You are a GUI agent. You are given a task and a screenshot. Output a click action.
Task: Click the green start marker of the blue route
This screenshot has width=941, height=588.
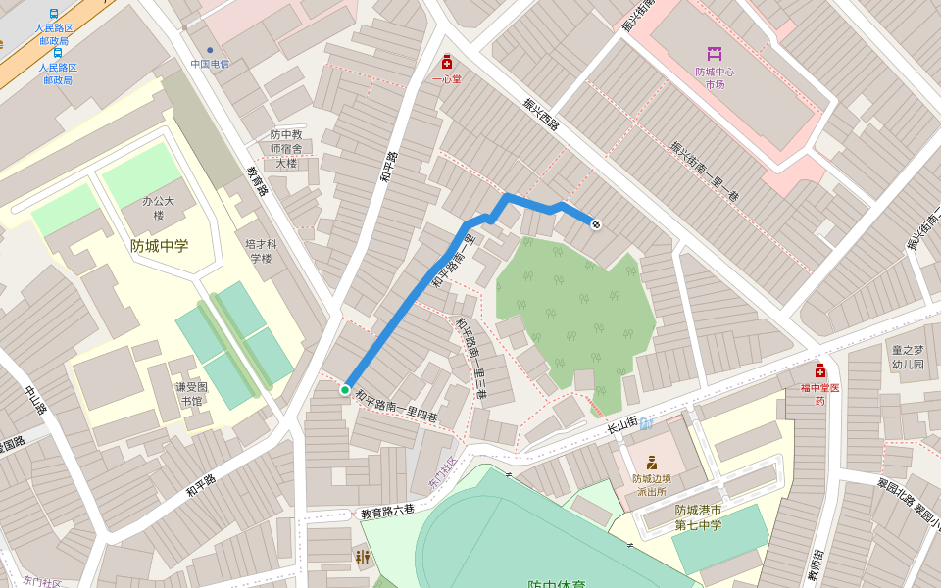[345, 390]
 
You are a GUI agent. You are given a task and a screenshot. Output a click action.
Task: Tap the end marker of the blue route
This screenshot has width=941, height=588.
[595, 224]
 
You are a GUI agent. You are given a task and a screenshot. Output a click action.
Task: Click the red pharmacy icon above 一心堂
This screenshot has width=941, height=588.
[447, 62]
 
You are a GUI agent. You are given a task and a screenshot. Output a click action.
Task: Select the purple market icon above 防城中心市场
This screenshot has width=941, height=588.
[714, 54]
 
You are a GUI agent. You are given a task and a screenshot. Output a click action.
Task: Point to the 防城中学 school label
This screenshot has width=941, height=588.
[159, 246]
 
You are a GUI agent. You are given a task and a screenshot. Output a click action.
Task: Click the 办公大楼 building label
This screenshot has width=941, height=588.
[158, 208]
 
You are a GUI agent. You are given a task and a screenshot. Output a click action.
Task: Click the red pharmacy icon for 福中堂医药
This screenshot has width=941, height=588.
[819, 370]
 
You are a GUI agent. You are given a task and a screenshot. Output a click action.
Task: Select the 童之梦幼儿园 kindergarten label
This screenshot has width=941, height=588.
[907, 357]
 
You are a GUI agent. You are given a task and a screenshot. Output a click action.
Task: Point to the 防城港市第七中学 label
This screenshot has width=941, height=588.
[697, 517]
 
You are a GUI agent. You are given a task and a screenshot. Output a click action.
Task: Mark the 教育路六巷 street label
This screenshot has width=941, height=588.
[387, 512]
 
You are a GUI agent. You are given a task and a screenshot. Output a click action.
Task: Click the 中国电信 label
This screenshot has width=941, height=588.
[210, 64]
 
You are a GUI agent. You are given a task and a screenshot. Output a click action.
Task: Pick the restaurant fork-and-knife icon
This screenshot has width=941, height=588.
[363, 557]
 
